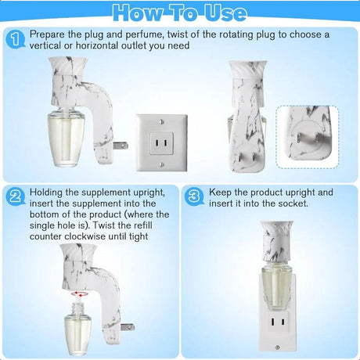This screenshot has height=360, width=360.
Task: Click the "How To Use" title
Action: pos(180,13)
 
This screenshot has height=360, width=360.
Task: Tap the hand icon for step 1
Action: pos(13,39)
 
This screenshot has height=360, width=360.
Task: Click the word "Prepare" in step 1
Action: pos(48,35)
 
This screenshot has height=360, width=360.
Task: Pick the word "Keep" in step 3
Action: pos(220,193)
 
